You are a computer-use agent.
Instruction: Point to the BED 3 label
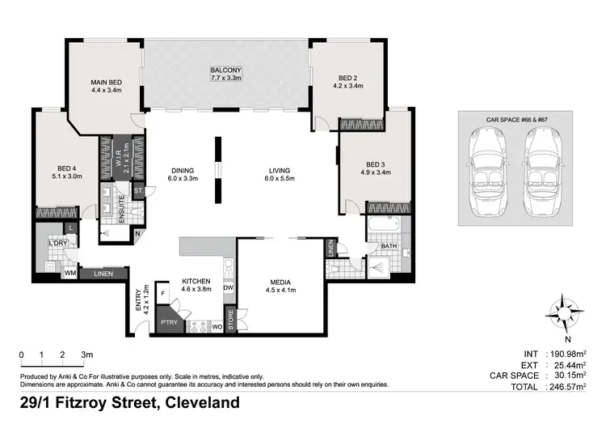pos(375,168)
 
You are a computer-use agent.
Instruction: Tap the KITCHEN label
pos(196,279)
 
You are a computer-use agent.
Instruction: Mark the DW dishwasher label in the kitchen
pos(228,287)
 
